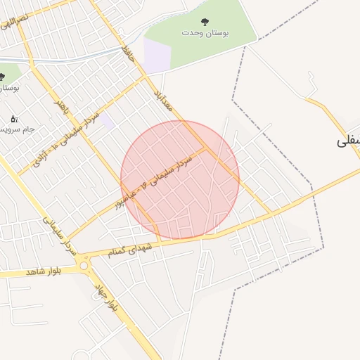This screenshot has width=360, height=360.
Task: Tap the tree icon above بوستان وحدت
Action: (x=205, y=22)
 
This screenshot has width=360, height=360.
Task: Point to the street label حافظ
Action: (x=127, y=51)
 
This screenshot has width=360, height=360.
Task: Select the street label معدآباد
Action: (x=163, y=91)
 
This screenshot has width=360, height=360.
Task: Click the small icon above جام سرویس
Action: (x=15, y=120)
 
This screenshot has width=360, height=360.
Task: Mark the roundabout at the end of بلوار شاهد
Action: (x=84, y=265)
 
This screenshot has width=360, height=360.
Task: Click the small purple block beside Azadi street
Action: (x=106, y=122)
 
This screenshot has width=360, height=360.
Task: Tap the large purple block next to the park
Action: (x=157, y=54)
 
